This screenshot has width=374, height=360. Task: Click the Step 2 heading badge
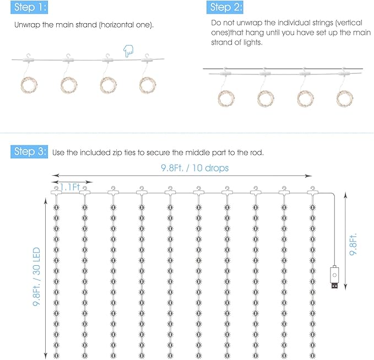click(225, 8)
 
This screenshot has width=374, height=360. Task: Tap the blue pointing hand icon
click(128, 52)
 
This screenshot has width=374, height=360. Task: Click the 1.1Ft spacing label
click(71, 188)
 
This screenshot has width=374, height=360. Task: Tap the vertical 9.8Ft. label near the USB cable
click(354, 237)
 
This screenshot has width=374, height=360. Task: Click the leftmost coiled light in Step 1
click(29, 85)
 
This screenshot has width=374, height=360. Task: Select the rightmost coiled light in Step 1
click(148, 85)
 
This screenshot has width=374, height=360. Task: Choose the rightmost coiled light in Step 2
click(345, 98)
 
